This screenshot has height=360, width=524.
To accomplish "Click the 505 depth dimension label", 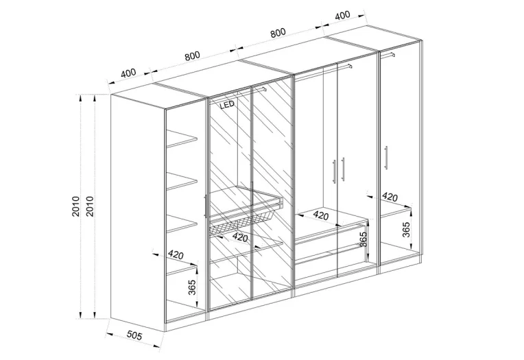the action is pos(134,335).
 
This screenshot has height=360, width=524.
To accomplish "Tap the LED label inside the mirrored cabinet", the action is pos(227,105).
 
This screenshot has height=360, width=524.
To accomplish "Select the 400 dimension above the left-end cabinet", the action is pos(128,73).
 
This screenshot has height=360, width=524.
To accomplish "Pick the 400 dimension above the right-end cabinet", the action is pos(342,14).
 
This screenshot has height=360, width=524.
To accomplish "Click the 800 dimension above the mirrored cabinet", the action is pos(192,56).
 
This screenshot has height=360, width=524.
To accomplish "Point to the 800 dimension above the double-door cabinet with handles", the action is pos(278,33).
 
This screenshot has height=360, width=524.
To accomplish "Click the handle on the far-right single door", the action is pos(386,158).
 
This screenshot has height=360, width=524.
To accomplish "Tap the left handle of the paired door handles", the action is pos(333,171).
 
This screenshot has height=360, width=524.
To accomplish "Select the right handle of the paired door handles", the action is pos(343,169).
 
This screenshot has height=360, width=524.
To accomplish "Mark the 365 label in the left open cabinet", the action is pos(192,287).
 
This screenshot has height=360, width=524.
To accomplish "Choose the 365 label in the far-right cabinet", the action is pos(406,229).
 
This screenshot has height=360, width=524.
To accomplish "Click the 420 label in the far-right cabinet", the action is pos(390,197).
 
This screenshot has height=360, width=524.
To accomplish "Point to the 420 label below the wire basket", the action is pos(240,237).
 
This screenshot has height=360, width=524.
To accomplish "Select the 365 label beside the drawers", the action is pos(363,239).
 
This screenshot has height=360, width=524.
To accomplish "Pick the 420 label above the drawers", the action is pos(321,215).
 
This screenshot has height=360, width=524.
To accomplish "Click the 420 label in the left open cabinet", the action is pos(176,254).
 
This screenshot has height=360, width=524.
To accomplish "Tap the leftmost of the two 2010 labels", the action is pos(75,206).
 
